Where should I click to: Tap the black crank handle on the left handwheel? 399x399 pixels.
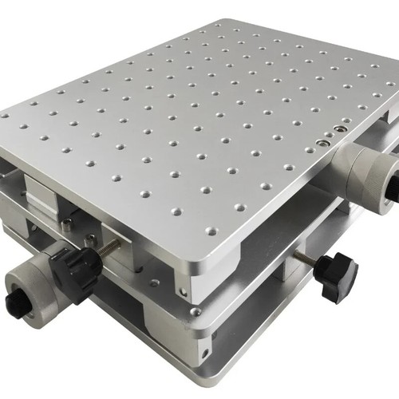[17, 302]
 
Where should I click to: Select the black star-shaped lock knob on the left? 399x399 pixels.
[80, 271]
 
